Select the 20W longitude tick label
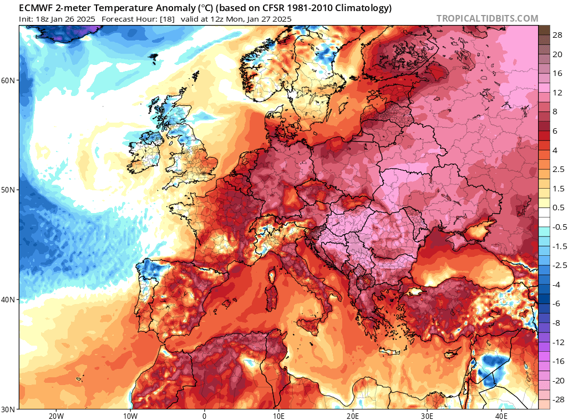click(55, 416)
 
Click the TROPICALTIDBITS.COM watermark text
click(487, 18)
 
